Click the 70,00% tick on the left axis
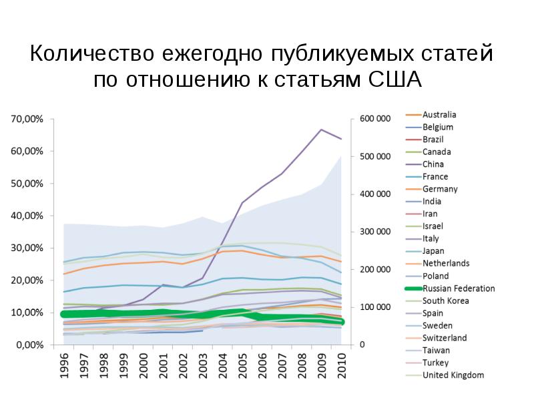tap(26, 119)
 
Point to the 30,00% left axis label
tap(26, 248)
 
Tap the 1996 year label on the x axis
tap(64, 366)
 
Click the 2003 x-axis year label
tap(202, 366)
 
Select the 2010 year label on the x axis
tap(342, 366)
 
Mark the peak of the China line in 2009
tap(322, 130)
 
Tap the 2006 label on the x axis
tap(262, 366)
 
